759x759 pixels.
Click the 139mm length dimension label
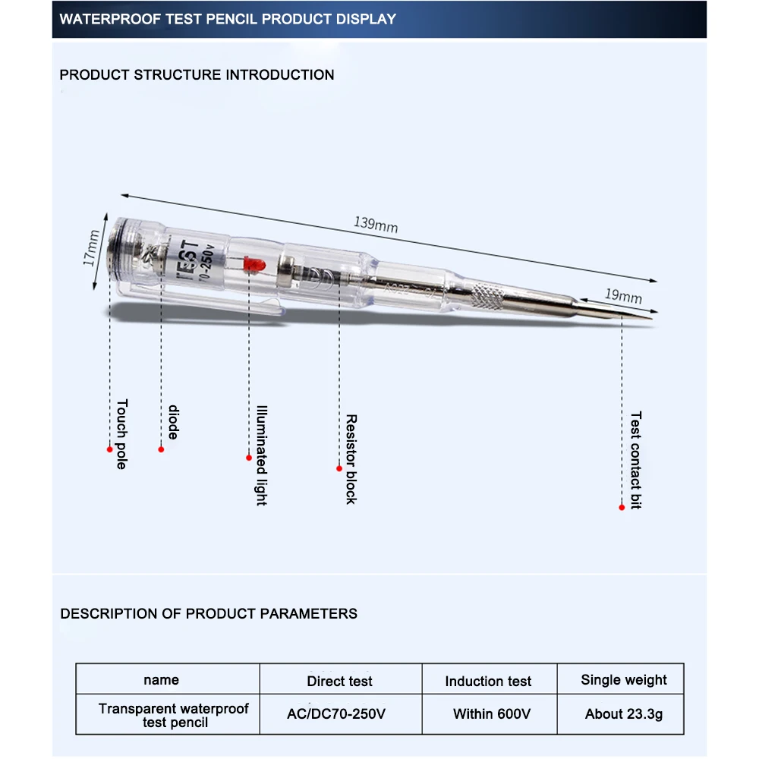tap(376, 225)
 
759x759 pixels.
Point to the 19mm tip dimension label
tap(623, 296)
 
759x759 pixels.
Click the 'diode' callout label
tap(173, 423)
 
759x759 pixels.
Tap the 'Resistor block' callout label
tap(351, 458)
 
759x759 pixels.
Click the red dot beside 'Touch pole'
tap(109, 449)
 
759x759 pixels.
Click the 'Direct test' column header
tap(340, 681)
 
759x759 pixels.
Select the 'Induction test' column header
tap(488, 681)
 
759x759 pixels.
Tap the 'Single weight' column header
tap(624, 679)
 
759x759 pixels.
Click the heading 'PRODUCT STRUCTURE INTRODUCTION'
tap(197, 74)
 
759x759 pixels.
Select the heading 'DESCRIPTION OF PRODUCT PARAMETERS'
tap(209, 613)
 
